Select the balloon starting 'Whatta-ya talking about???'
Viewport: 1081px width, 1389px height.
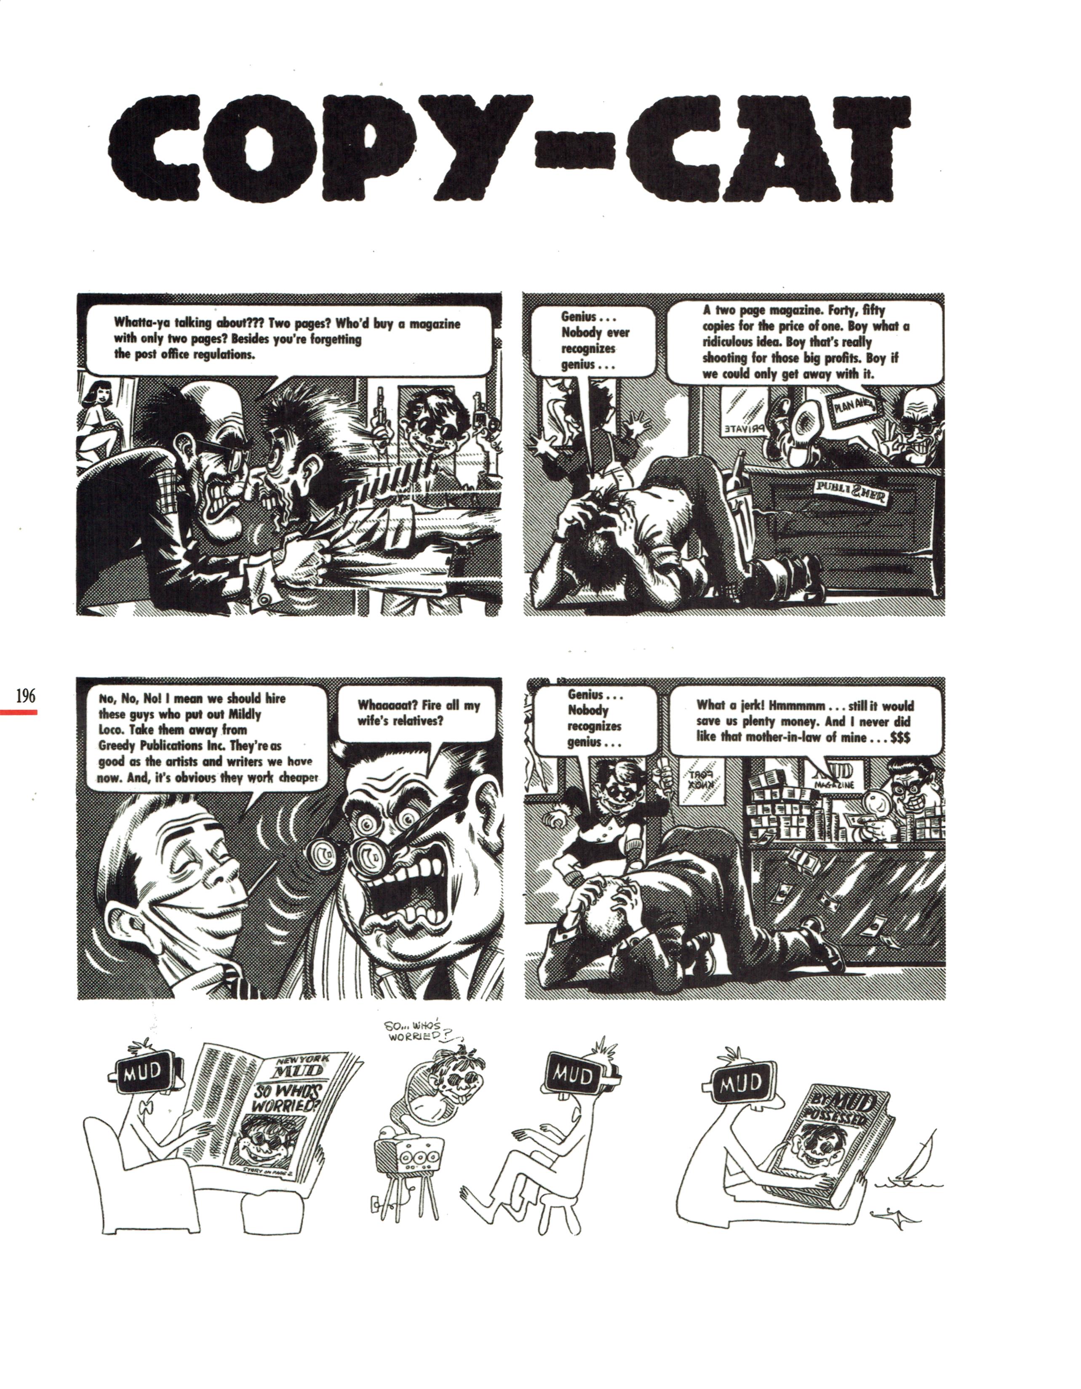pos(289,339)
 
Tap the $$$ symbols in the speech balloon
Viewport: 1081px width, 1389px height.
pos(897,738)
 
